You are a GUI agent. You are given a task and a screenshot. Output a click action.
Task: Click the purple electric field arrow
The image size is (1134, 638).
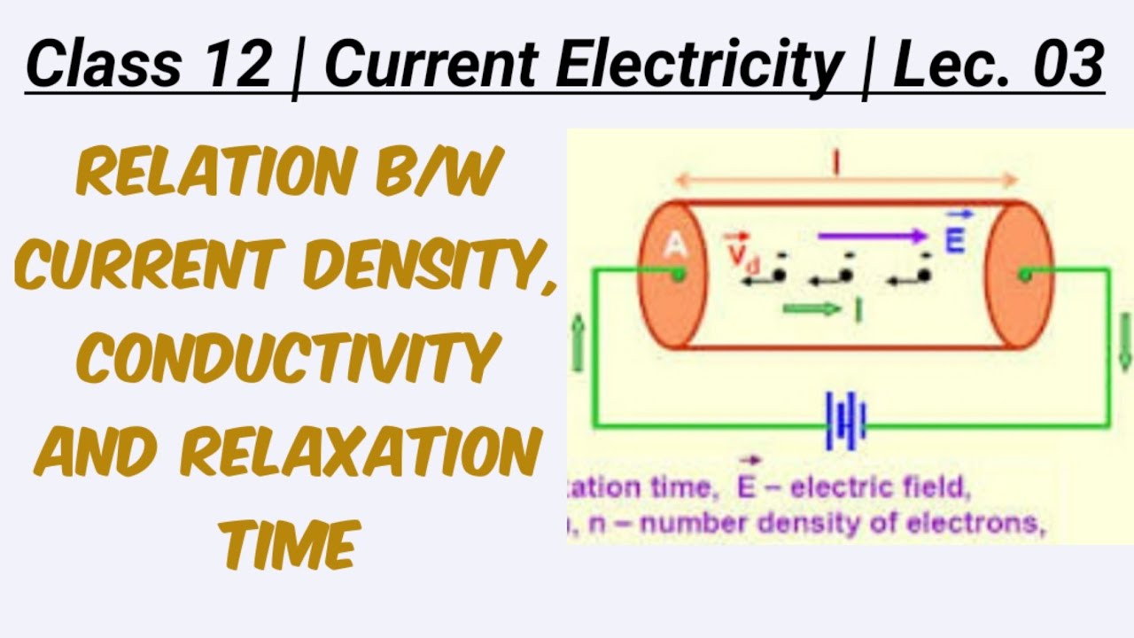point(873,237)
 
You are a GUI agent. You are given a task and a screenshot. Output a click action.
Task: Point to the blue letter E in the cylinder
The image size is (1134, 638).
point(954,239)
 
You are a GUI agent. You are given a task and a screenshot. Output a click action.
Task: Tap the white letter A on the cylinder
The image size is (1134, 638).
point(675,245)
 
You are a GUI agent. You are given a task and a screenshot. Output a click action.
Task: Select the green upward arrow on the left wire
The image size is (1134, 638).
point(579,345)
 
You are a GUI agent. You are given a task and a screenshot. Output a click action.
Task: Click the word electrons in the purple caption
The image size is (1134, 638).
point(981,524)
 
